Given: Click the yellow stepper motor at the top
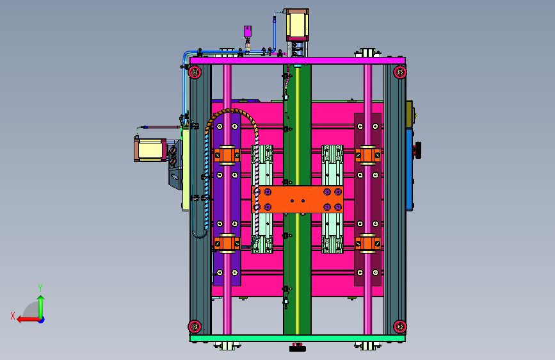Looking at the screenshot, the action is tap(297, 25).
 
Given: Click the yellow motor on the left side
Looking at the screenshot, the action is tap(150, 150).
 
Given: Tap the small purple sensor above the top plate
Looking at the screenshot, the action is tap(248, 31).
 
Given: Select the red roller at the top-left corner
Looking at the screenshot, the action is tap(195, 72).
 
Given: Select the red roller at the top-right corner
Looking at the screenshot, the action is tap(400, 72).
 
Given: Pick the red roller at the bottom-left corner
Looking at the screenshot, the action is tap(195, 326).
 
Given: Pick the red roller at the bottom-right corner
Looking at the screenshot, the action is tap(400, 326).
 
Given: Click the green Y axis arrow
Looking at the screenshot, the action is tap(41, 307).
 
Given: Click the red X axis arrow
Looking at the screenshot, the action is tap(28, 320).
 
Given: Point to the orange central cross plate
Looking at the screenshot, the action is tap(298, 199).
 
